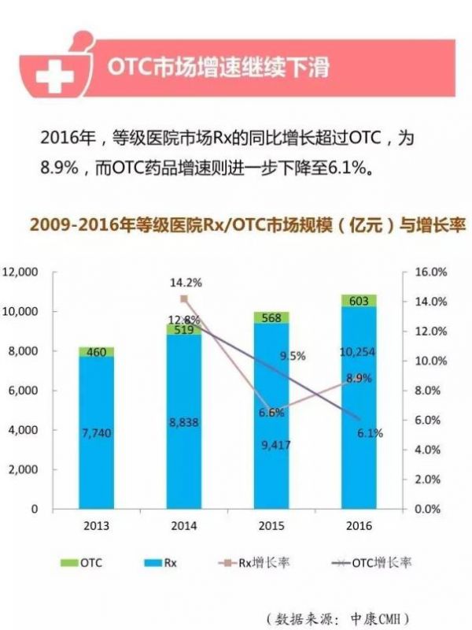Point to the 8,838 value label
point(184,422)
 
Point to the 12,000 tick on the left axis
point(21,272)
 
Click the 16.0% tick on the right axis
point(431,272)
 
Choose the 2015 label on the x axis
point(271,525)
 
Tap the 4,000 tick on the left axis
point(25,430)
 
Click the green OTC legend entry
point(81,562)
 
